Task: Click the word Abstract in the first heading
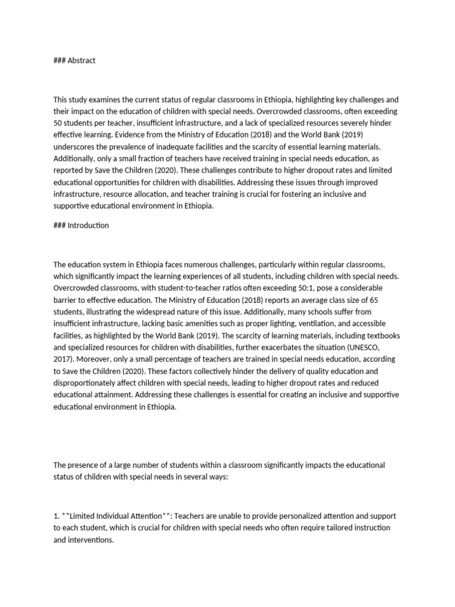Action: pos(82,60)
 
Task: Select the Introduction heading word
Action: pos(88,225)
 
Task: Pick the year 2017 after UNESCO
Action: pos(63,359)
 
